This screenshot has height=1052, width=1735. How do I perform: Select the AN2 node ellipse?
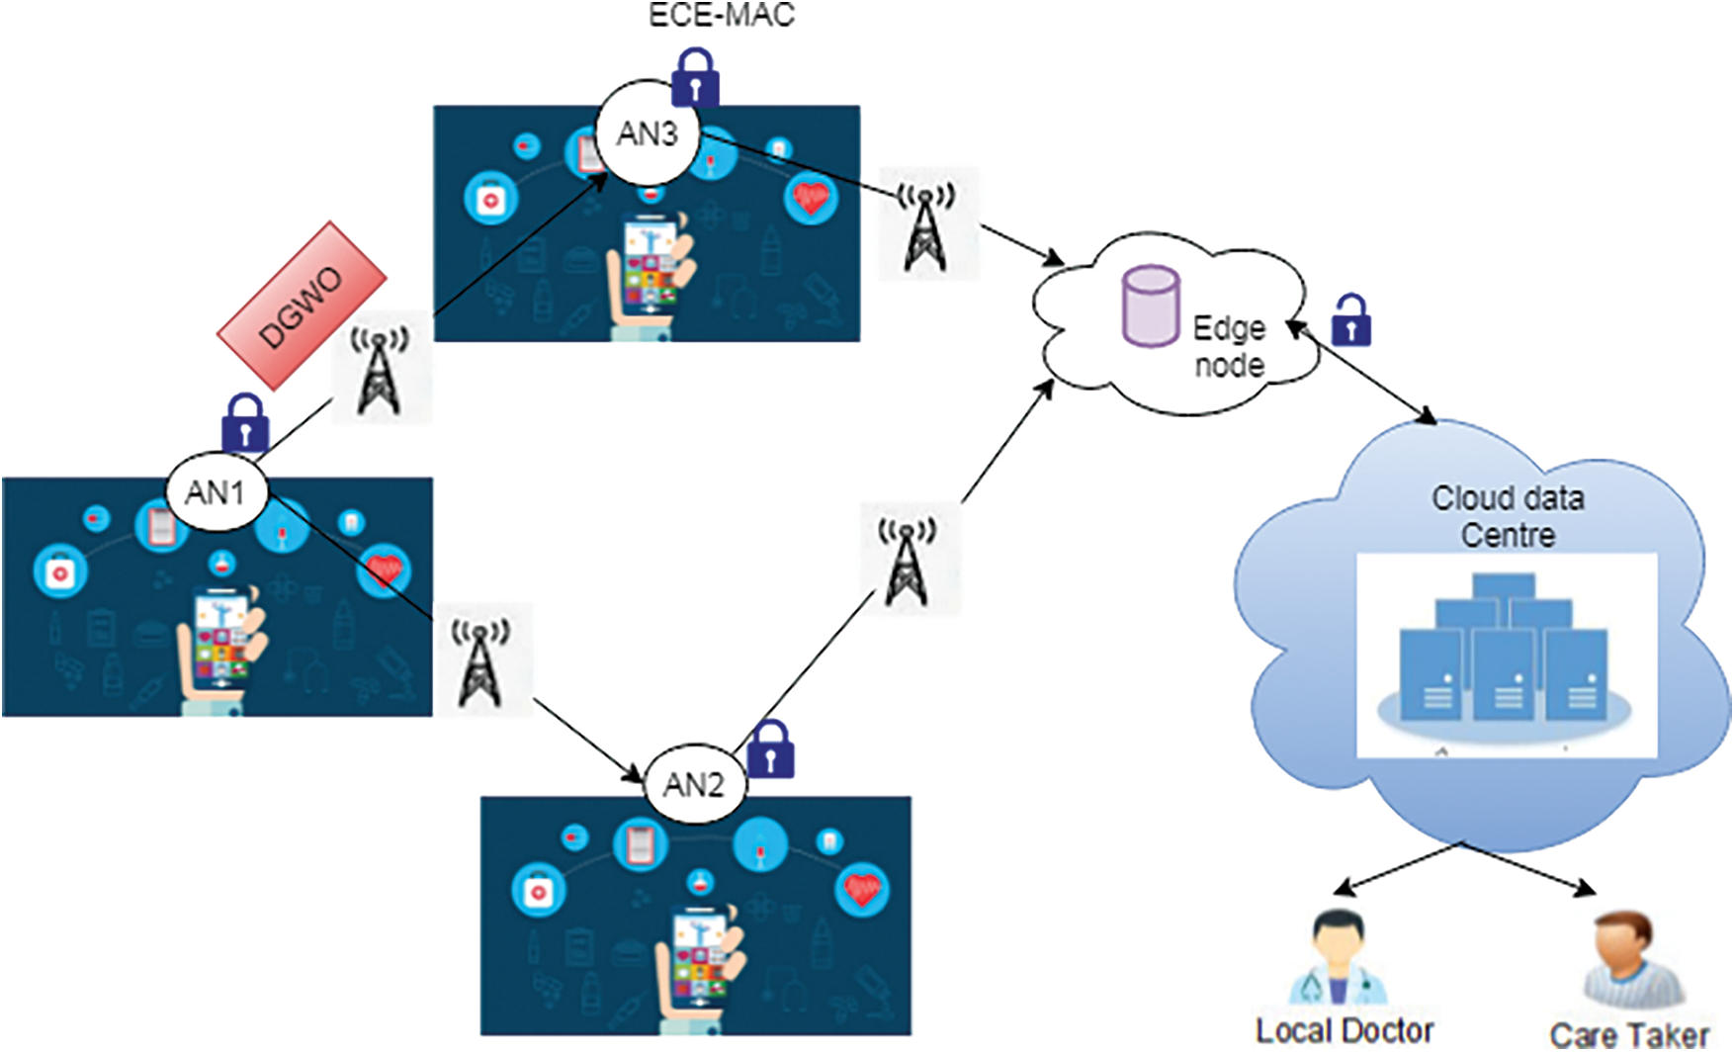(694, 784)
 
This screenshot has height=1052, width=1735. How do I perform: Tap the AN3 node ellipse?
(648, 132)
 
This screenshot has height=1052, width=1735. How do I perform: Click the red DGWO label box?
(302, 306)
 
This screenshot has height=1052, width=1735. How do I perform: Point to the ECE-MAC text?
(722, 15)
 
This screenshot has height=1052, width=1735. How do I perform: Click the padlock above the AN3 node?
(695, 76)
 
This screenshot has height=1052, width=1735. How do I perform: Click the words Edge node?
(1229, 346)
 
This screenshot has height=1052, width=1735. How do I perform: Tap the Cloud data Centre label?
(1508, 515)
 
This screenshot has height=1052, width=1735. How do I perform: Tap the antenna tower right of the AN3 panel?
(926, 224)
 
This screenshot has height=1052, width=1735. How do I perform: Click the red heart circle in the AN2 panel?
(862, 889)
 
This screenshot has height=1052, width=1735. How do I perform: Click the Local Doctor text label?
(1345, 1029)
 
